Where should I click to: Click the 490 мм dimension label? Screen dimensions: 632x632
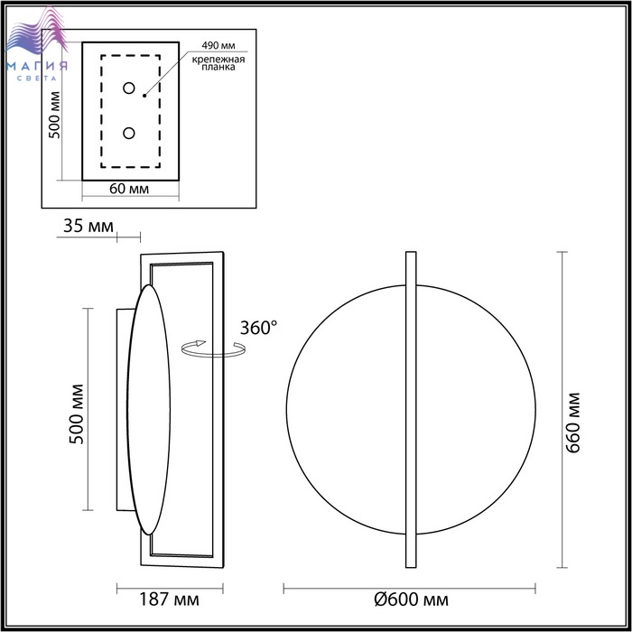[x=218, y=45]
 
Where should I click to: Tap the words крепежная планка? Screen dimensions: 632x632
[x=218, y=63]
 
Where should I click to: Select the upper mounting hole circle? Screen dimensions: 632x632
[x=129, y=88]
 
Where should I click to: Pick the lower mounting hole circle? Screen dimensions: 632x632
[x=129, y=133]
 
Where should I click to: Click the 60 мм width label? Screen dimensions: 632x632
[x=129, y=189]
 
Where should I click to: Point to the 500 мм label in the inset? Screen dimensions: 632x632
[x=54, y=116]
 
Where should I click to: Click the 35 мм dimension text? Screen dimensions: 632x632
[x=88, y=226]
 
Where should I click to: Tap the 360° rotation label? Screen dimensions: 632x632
[x=258, y=328]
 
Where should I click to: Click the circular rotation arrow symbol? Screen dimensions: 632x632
[x=213, y=349]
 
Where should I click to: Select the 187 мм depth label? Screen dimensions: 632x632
[x=169, y=599]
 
